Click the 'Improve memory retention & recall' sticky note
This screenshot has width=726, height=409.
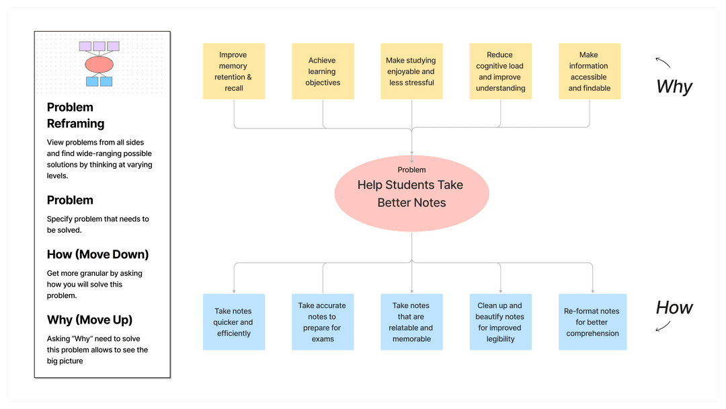(234, 71)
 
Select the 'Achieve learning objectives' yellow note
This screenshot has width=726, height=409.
(323, 71)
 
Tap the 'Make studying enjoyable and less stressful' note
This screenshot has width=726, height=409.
(411, 71)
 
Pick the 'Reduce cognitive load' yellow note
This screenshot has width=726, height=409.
(501, 71)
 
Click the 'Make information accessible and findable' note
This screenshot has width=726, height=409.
(590, 71)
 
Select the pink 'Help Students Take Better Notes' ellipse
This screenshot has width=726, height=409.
(411, 194)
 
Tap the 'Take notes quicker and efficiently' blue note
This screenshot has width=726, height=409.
(234, 322)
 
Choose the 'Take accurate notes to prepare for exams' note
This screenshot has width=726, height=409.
(323, 322)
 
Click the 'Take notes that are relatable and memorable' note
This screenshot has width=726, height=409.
(411, 322)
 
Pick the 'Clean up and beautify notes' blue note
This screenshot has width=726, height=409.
(501, 322)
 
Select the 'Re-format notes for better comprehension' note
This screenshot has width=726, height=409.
(593, 322)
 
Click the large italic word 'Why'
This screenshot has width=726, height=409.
(674, 87)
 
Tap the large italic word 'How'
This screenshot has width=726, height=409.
(674, 307)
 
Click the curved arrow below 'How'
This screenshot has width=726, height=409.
(663, 327)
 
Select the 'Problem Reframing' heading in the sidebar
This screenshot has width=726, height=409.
(75, 115)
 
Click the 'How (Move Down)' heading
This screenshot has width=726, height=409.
(97, 254)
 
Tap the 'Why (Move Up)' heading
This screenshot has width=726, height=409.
(90, 320)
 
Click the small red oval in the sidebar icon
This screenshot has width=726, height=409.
(99, 65)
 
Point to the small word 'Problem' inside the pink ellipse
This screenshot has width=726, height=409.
(411, 170)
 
